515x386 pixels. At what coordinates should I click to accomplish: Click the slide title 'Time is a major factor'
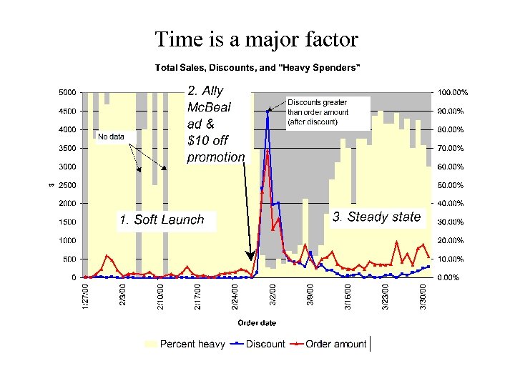tap(257, 39)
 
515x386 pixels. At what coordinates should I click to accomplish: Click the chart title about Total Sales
tap(258, 68)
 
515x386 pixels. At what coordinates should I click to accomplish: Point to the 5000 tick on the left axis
tap(67, 93)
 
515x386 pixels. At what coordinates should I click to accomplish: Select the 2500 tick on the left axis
tap(67, 185)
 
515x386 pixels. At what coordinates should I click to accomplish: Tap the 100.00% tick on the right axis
tap(452, 93)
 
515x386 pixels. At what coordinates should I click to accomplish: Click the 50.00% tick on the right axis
tap(451, 185)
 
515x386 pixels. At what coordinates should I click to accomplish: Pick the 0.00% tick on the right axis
tap(449, 277)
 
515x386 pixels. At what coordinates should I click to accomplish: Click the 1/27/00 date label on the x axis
tap(85, 297)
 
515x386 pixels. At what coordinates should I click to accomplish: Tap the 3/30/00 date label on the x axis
tap(426, 297)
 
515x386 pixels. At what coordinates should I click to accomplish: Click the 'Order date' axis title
tap(257, 322)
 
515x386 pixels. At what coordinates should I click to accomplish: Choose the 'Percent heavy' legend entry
tap(185, 344)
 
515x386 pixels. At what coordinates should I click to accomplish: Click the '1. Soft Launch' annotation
tap(162, 220)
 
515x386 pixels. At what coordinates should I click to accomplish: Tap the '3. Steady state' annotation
tap(377, 217)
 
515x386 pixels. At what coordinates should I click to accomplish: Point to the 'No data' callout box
tap(111, 137)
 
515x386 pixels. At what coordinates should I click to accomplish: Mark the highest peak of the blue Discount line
tap(268, 110)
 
